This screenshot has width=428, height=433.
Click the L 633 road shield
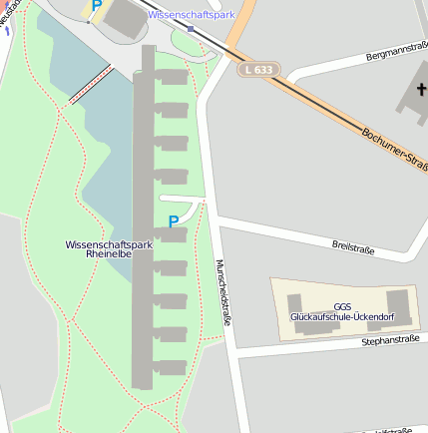tap(258, 70)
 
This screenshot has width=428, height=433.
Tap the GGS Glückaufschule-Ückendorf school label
tap(342, 311)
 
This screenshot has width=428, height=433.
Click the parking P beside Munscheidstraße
tap(173, 221)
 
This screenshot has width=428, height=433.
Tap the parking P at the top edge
tap(96, 6)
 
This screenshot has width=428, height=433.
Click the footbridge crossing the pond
tap(89, 86)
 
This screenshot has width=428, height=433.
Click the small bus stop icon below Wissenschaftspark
tap(191, 28)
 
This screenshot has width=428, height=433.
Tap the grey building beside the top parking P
tap(125, 19)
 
